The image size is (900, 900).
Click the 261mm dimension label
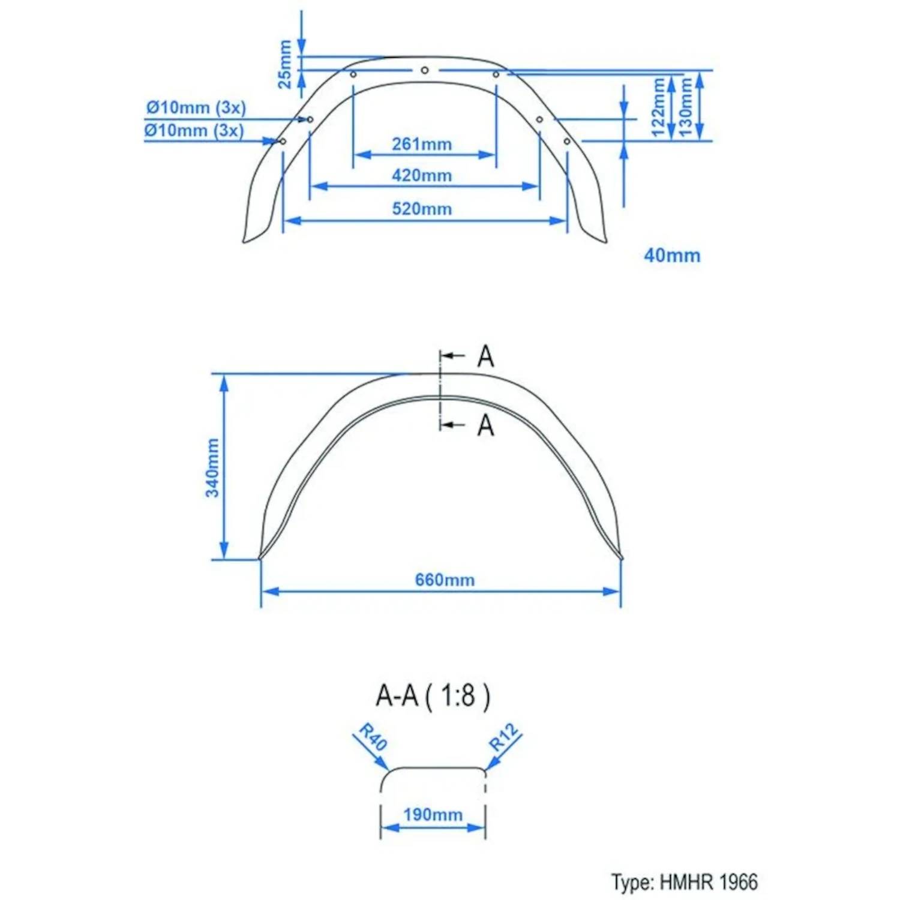pyautogui.click(x=421, y=144)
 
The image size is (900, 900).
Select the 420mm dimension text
pyautogui.click(x=421, y=176)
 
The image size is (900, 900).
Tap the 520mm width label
pyautogui.click(x=421, y=209)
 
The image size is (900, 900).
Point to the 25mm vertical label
pyautogui.click(x=284, y=64)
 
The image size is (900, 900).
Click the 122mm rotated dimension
pyautogui.click(x=658, y=107)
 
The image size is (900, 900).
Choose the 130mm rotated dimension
pyautogui.click(x=685, y=107)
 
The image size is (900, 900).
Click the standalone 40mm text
pyautogui.click(x=671, y=256)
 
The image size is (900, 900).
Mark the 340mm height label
pyautogui.click(x=212, y=467)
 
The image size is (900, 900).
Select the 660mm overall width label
pyautogui.click(x=445, y=580)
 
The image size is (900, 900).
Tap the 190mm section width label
pyautogui.click(x=433, y=815)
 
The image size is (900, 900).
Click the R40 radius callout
pyautogui.click(x=373, y=737)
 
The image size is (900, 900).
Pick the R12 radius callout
pyautogui.click(x=503, y=737)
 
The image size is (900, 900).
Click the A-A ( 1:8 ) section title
pyautogui.click(x=433, y=696)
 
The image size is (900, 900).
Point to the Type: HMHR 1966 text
pyautogui.click(x=685, y=882)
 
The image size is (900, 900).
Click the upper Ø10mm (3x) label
pyautogui.click(x=196, y=107)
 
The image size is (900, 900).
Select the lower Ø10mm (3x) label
pyautogui.click(x=194, y=130)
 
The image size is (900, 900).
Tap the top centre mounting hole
pyautogui.click(x=424, y=70)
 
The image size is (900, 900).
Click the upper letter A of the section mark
pyautogui.click(x=485, y=356)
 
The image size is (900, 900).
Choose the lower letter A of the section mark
pyautogui.click(x=485, y=425)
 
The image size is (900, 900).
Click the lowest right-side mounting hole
pyautogui.click(x=567, y=142)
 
